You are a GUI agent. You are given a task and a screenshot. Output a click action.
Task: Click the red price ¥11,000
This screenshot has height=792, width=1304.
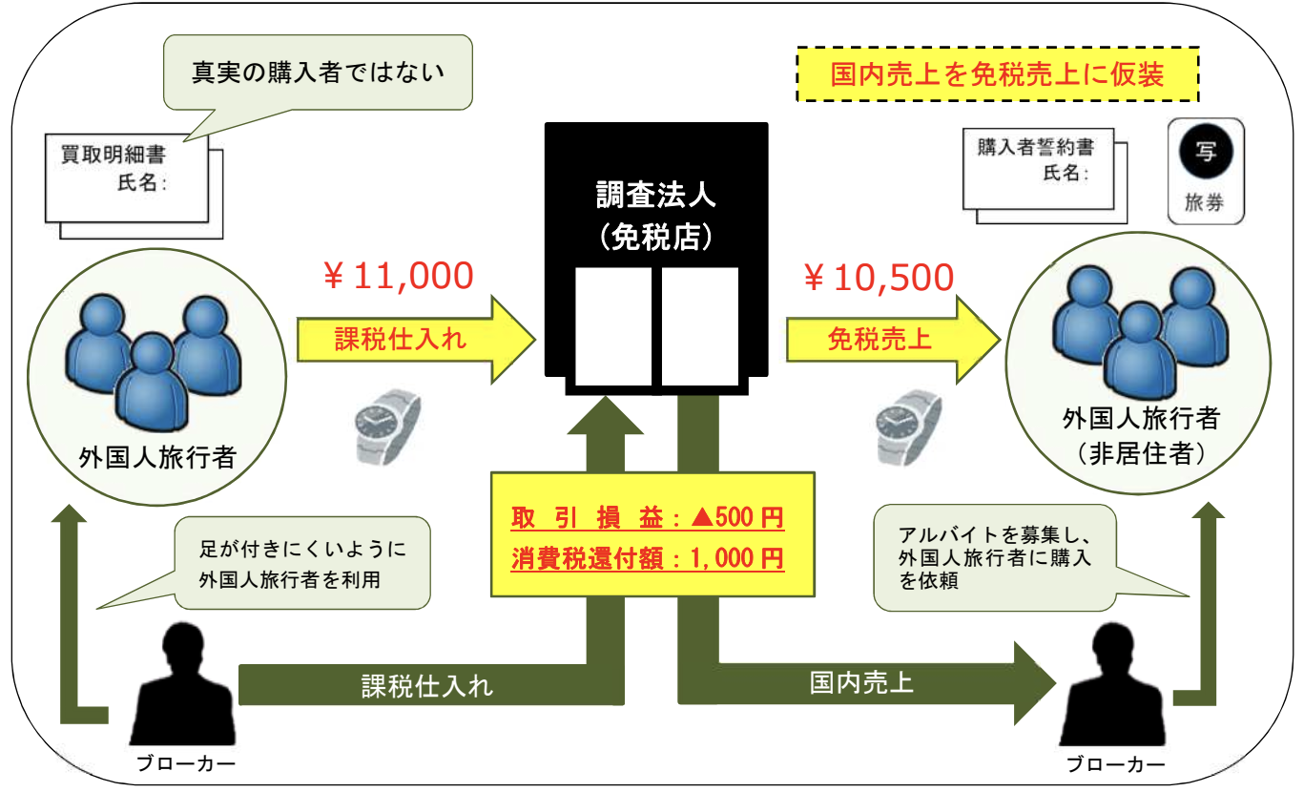pyautogui.click(x=399, y=277)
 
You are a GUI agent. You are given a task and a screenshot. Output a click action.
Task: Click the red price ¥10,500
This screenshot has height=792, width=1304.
pyautogui.click(x=880, y=277)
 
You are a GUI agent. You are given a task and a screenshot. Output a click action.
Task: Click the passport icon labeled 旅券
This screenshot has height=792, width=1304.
pyautogui.click(x=1206, y=172)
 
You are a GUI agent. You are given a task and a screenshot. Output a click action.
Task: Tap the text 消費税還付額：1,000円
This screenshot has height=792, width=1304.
pyautogui.click(x=648, y=556)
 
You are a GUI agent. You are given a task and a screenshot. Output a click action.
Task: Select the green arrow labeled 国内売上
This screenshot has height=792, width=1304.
pyautogui.click(x=859, y=683)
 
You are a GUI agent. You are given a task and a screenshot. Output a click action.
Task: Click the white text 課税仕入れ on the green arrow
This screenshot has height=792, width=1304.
pyautogui.click(x=427, y=686)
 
